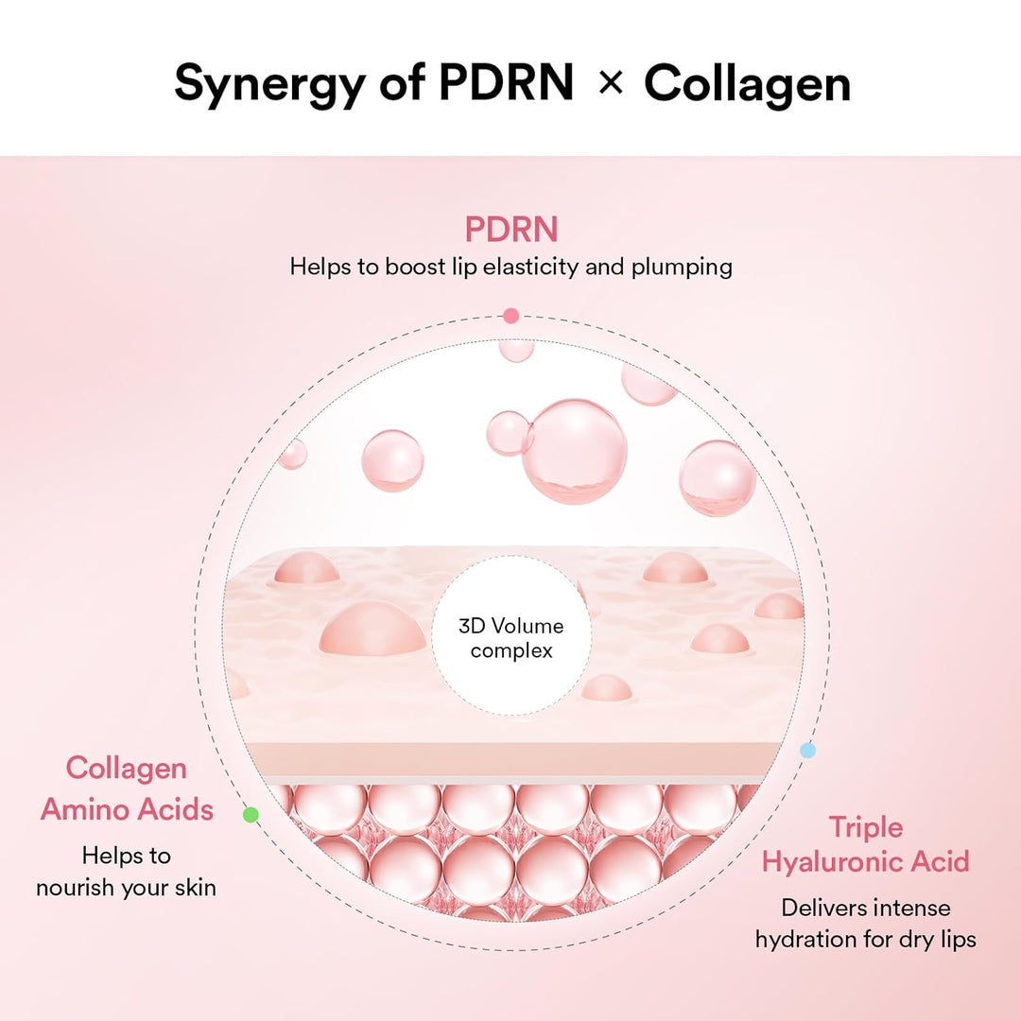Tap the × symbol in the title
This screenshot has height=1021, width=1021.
[x=611, y=83]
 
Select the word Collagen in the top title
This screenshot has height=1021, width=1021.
[x=747, y=85]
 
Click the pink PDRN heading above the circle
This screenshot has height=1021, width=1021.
[x=510, y=229]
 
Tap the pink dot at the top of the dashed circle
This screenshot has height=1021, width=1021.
[x=510, y=316]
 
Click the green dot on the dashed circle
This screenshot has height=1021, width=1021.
[x=251, y=814]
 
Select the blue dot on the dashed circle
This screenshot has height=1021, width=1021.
[x=807, y=751]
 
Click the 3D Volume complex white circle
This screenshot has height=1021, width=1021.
[x=511, y=638]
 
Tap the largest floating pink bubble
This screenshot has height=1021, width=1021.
[x=575, y=450]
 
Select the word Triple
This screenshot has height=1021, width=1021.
[x=866, y=827]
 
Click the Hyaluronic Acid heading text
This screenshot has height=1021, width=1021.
[x=866, y=862]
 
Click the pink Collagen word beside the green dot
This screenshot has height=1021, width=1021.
[x=127, y=768]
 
